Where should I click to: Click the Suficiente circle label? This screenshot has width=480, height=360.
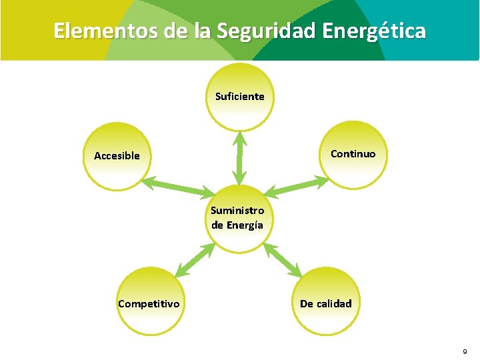tap(239, 97)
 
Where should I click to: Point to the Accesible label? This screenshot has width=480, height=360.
tap(117, 156)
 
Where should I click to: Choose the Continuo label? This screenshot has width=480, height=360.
tap(353, 154)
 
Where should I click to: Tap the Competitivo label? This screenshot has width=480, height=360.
tap(149, 304)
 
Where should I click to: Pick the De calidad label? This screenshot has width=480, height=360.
tap(325, 304)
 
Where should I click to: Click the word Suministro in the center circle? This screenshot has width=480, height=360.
tap(237, 211)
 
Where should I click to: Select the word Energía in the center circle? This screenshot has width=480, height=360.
tap(245, 225)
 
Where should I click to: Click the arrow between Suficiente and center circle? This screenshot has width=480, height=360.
tap(239, 158)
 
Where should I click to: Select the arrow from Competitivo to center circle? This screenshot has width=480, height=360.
tap(195, 259)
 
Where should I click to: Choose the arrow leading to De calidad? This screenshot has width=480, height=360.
tap(283, 259)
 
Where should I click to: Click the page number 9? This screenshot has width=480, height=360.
tap(465, 351)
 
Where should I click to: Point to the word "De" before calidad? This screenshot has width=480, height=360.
tap(307, 304)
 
